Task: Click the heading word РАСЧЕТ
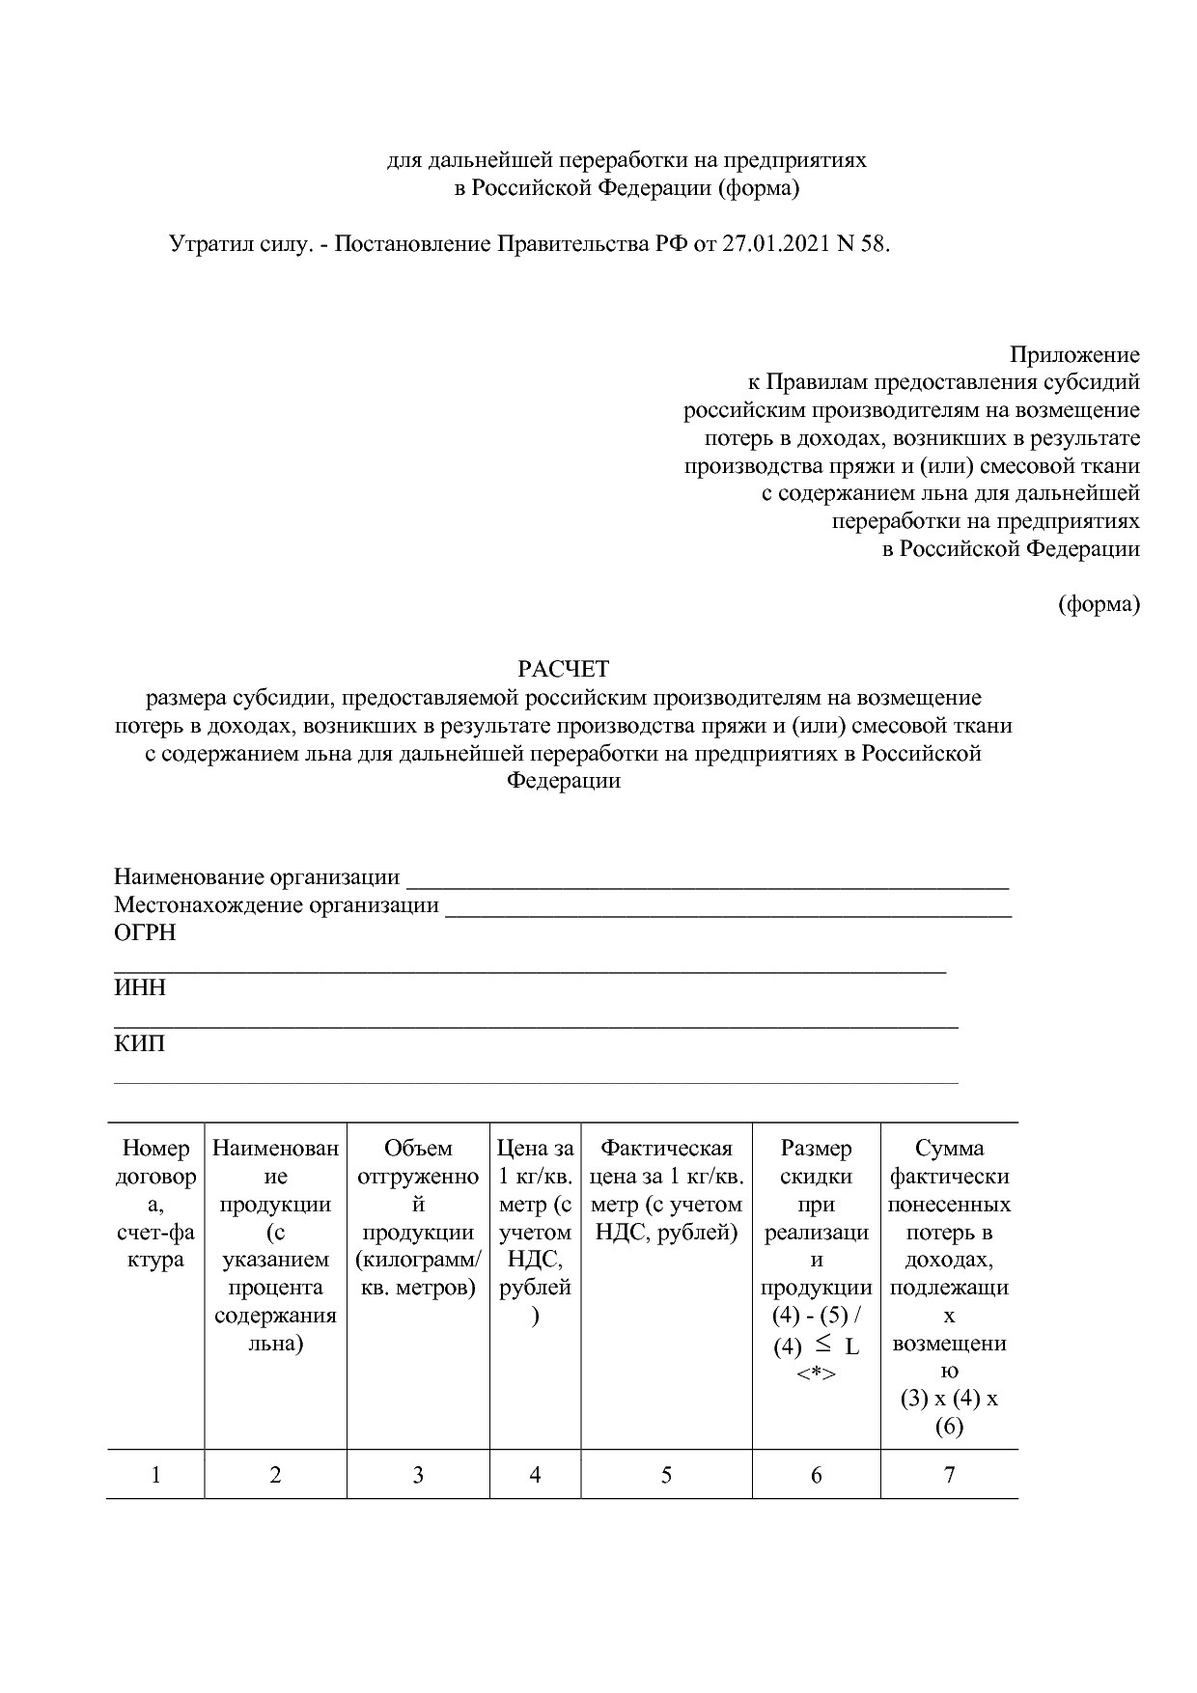pos(564,669)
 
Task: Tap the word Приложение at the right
pos(1074,354)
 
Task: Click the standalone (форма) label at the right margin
pos(1099,604)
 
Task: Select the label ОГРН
pos(145,933)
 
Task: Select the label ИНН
pos(140,988)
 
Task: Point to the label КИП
pos(140,1044)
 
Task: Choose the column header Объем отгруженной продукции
pos(418,1218)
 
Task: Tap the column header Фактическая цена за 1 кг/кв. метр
pos(666,1190)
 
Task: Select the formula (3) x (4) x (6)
pos(949,1412)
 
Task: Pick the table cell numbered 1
pos(155,1475)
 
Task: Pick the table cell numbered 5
pos(666,1475)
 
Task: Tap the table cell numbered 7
pos(949,1475)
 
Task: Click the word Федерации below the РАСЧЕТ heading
pos(564,781)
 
